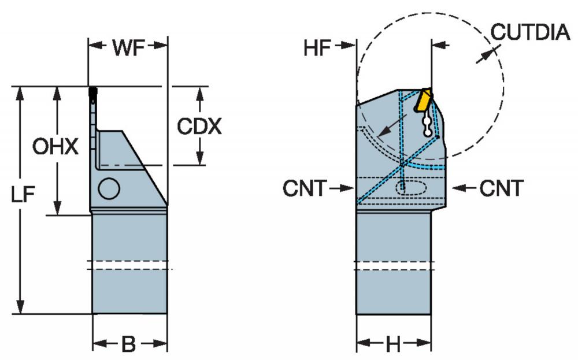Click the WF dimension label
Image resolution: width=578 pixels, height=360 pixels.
pyautogui.click(x=128, y=47)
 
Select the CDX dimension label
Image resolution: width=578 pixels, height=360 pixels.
pyautogui.click(x=199, y=127)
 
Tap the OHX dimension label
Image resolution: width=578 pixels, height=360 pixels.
pyautogui.click(x=55, y=147)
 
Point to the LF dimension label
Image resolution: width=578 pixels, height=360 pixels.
pyautogui.click(x=23, y=194)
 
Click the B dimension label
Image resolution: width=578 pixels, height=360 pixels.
pyautogui.click(x=129, y=344)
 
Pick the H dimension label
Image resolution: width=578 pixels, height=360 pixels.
pyautogui.click(x=393, y=345)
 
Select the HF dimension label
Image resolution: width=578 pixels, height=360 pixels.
pyautogui.click(x=317, y=48)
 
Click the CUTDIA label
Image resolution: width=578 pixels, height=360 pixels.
pyautogui.click(x=530, y=32)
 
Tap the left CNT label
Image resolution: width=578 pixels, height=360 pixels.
pyautogui.click(x=305, y=188)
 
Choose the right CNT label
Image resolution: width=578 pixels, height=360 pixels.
pyautogui.click(x=501, y=188)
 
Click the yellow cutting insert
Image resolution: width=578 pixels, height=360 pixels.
pyautogui.click(x=423, y=99)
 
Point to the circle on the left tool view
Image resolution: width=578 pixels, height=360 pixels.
pyautogui.click(x=109, y=188)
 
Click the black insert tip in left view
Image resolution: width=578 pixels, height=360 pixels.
pyautogui.click(x=93, y=92)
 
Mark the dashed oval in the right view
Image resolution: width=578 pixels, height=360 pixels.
pyautogui.click(x=412, y=187)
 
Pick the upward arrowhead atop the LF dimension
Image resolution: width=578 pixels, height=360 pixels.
pyautogui.click(x=20, y=94)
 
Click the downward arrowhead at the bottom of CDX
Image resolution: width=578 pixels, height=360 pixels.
pyautogui.click(x=200, y=158)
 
